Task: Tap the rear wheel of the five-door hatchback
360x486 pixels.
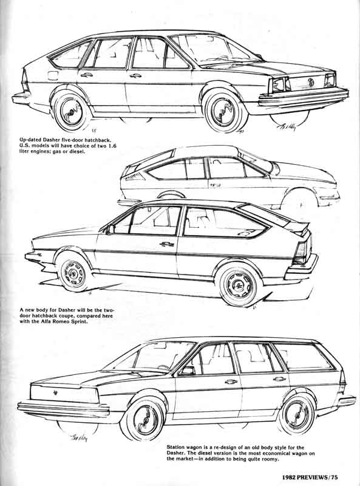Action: coord(72,110)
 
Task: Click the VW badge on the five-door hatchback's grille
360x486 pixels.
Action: coord(310,82)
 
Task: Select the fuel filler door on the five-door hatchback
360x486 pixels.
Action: coord(53,75)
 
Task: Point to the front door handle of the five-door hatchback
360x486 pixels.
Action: coord(136,75)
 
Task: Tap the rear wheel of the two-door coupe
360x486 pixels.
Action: coord(239,286)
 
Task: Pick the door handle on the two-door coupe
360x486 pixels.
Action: coord(167,244)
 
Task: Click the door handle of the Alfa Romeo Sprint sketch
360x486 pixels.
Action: coord(216,185)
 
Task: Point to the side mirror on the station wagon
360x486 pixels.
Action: coord(188,371)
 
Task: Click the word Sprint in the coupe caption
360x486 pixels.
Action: coord(80,322)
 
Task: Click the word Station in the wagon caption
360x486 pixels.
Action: coord(176,447)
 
